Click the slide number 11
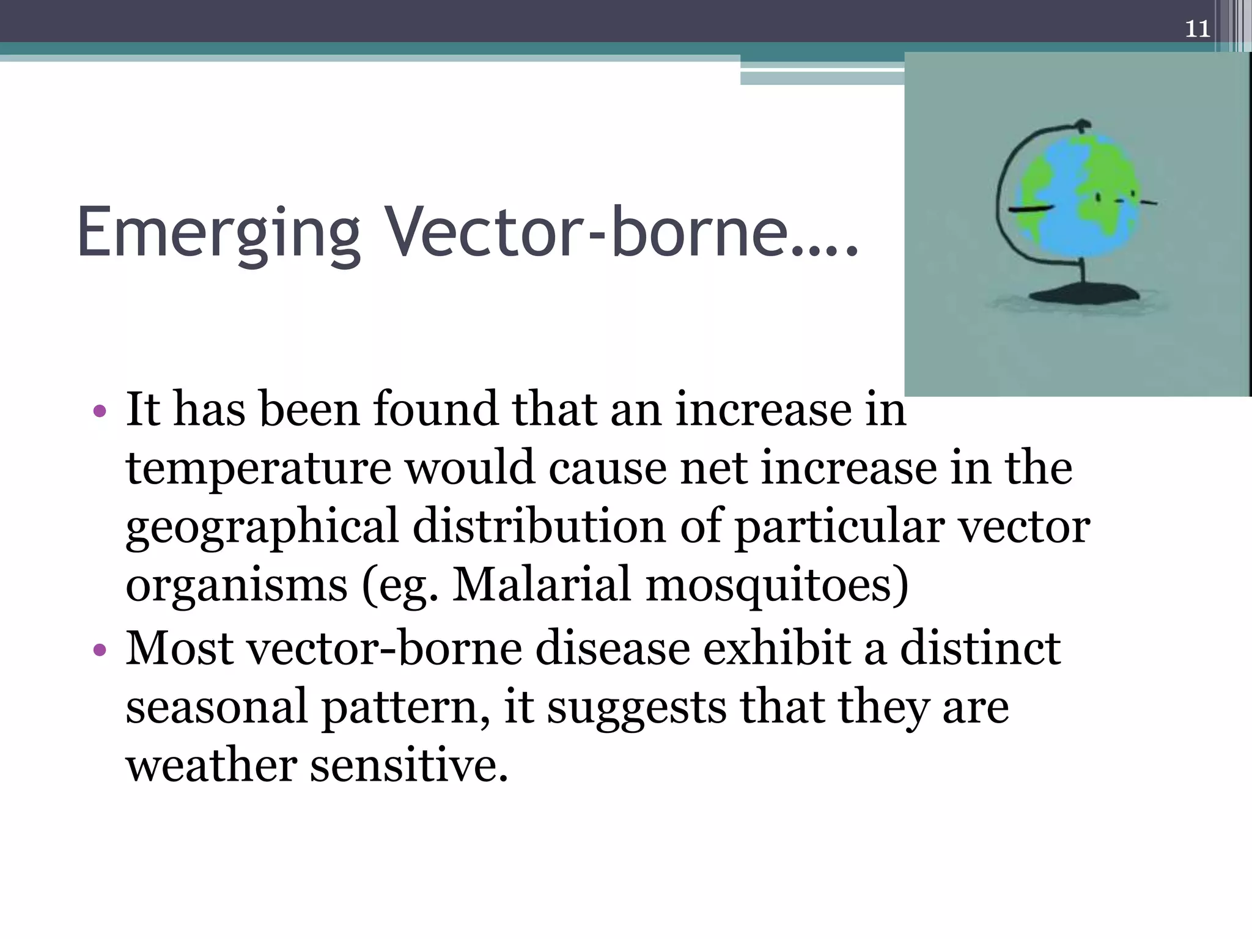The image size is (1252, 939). pos(1197,29)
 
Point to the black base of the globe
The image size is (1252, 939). pos(1084,294)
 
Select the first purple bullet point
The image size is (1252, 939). pos(100,411)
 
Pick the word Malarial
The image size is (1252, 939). pos(541,585)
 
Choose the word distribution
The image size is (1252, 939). pos(539,526)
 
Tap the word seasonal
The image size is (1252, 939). pos(216,707)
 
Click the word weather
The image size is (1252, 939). pos(211,766)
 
